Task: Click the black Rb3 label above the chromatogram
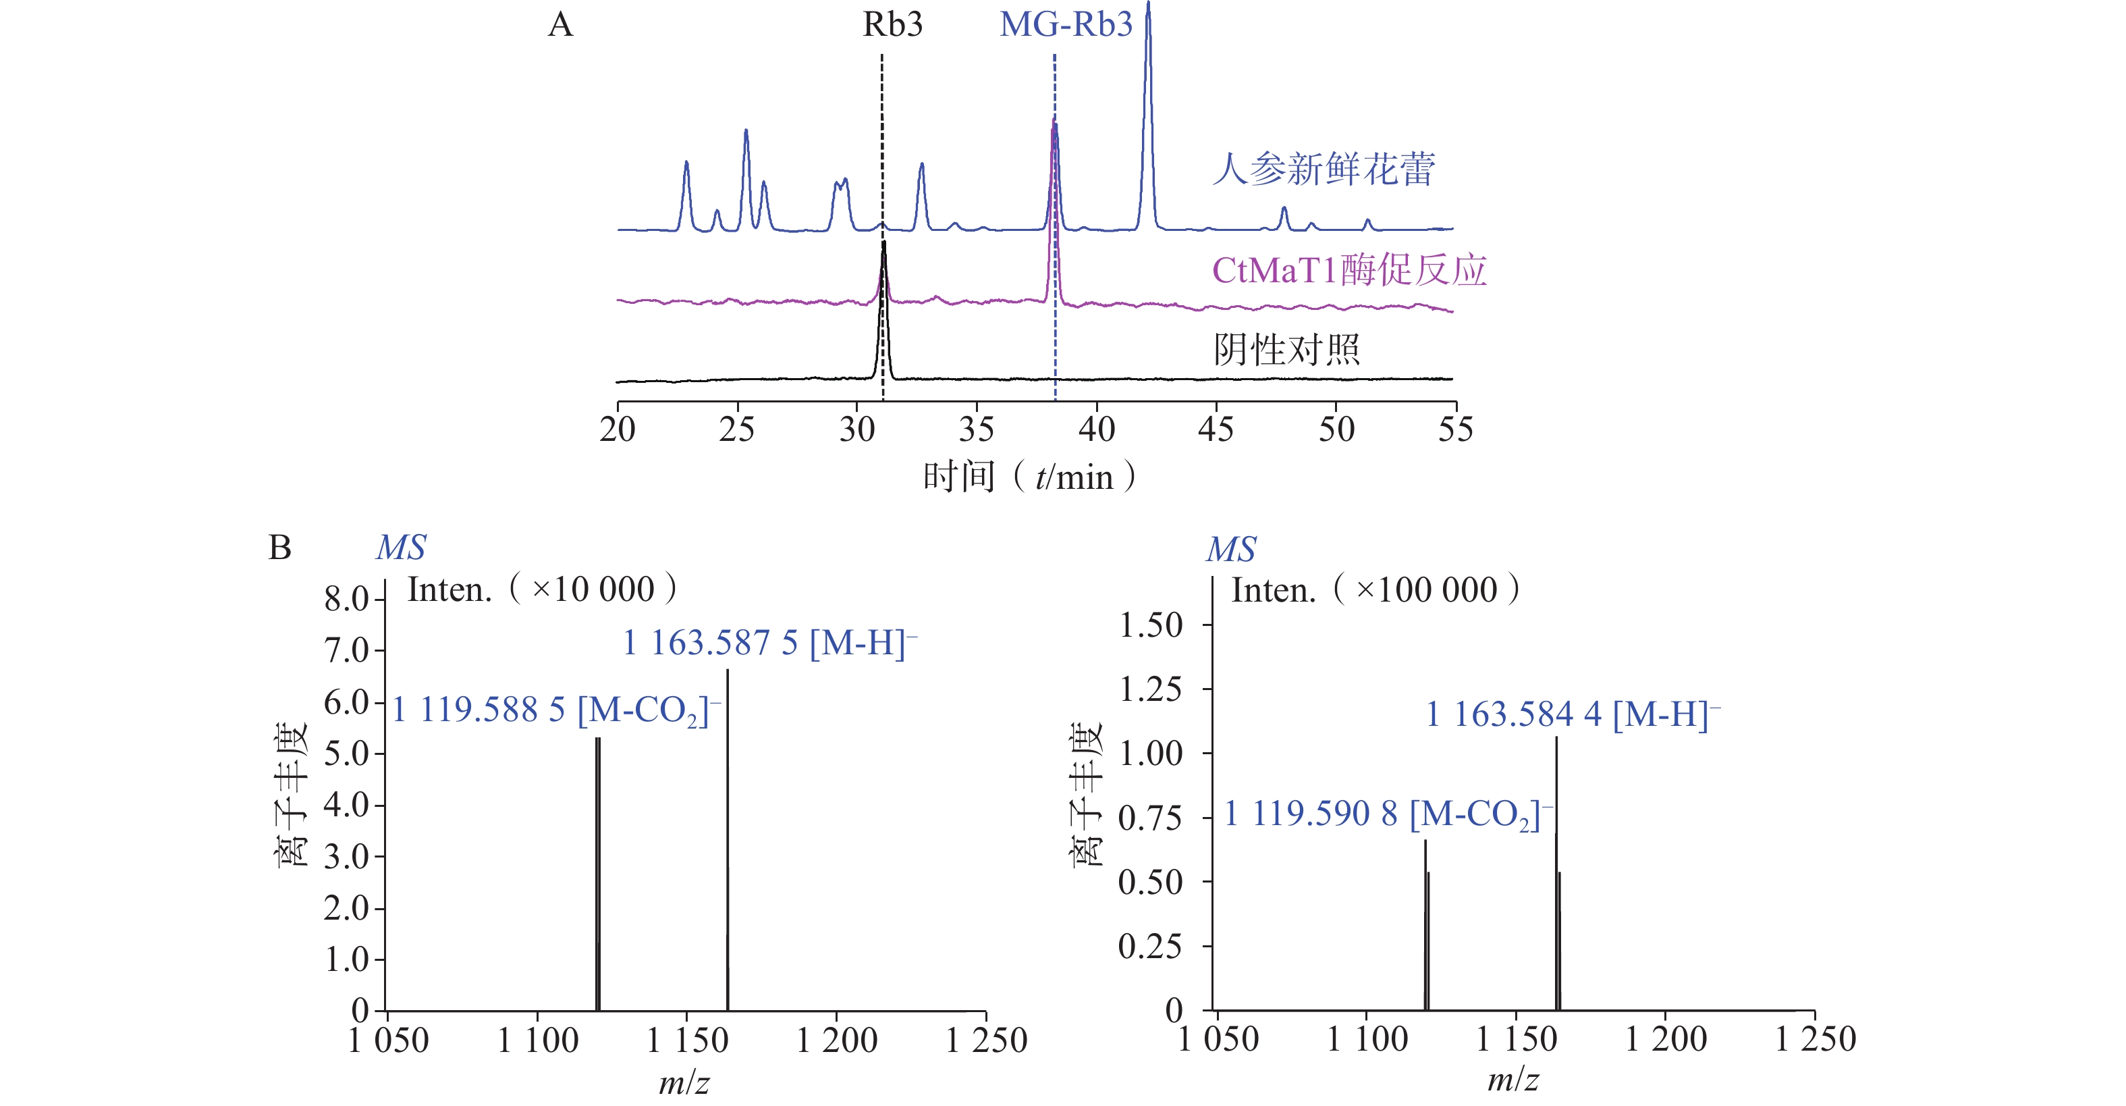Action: pos(892,25)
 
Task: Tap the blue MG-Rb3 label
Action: pos(1066,25)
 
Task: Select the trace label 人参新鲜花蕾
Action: pos(1324,169)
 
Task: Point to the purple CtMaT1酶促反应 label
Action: pos(1349,270)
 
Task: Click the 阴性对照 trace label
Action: pos(1286,349)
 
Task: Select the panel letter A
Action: pos(560,25)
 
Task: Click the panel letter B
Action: pos(280,547)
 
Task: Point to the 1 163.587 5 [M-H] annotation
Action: pos(769,642)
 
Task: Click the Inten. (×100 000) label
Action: pos(1375,590)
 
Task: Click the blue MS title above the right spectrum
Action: pos(1230,549)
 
